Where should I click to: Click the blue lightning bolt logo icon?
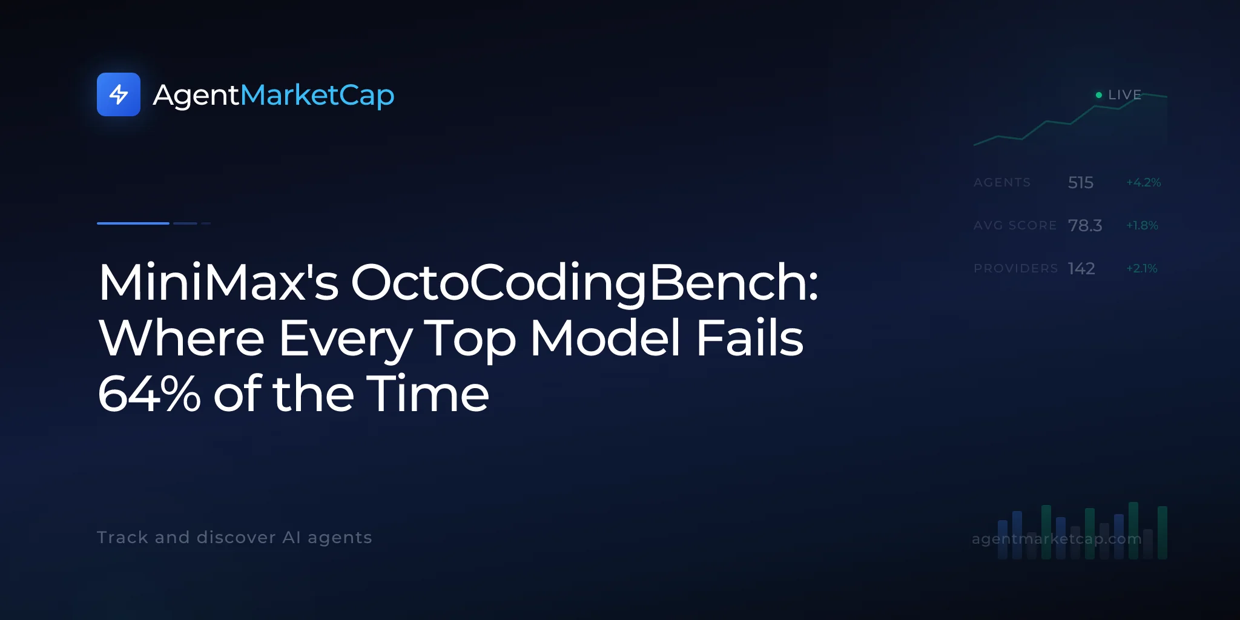tap(119, 94)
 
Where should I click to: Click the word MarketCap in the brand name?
tap(317, 96)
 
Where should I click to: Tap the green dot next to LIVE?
tap(1099, 95)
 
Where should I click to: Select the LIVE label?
tap(1124, 95)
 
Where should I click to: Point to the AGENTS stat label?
tap(1002, 182)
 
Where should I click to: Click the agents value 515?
tap(1081, 182)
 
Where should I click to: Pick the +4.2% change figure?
tap(1143, 182)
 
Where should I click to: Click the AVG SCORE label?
tap(1015, 225)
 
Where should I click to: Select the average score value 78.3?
tap(1085, 225)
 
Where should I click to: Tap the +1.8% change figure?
tap(1142, 225)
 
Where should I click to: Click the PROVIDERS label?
tap(1015, 268)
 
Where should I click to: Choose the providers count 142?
tap(1081, 268)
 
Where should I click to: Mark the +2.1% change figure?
tap(1141, 268)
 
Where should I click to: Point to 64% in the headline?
tap(149, 394)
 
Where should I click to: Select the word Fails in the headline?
tap(750, 338)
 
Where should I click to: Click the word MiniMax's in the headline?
tap(219, 282)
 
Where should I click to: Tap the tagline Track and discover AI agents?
tap(234, 538)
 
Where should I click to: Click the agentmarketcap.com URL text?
tap(1057, 539)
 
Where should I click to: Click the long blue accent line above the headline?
tap(133, 223)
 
